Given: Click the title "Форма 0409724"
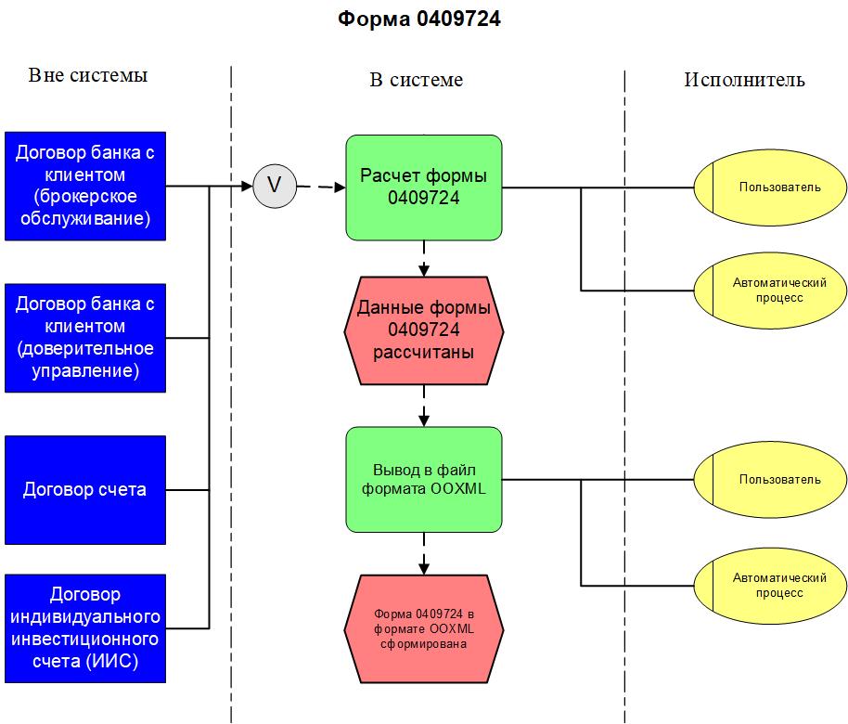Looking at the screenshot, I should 419,19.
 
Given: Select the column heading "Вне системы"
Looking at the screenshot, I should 88,75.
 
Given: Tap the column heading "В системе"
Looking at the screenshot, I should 417,80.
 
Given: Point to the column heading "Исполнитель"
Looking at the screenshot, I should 744,80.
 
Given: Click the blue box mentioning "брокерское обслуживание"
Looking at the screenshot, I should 85,186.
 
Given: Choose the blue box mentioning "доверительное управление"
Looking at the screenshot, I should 85,338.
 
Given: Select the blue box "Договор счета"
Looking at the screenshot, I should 85,489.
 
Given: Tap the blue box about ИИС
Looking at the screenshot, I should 85,628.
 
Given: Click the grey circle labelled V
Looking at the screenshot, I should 274,186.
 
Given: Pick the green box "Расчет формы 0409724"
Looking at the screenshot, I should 424,187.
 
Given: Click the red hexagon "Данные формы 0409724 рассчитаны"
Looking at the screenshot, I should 424,330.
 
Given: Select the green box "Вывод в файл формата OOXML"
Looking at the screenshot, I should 424,479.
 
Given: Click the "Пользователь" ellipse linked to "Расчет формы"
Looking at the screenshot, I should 770,187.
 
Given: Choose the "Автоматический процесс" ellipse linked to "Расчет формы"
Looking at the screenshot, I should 770,291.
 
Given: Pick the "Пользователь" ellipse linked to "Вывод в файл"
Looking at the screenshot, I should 770,480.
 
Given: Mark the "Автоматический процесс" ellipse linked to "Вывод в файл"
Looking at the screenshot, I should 770,585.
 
